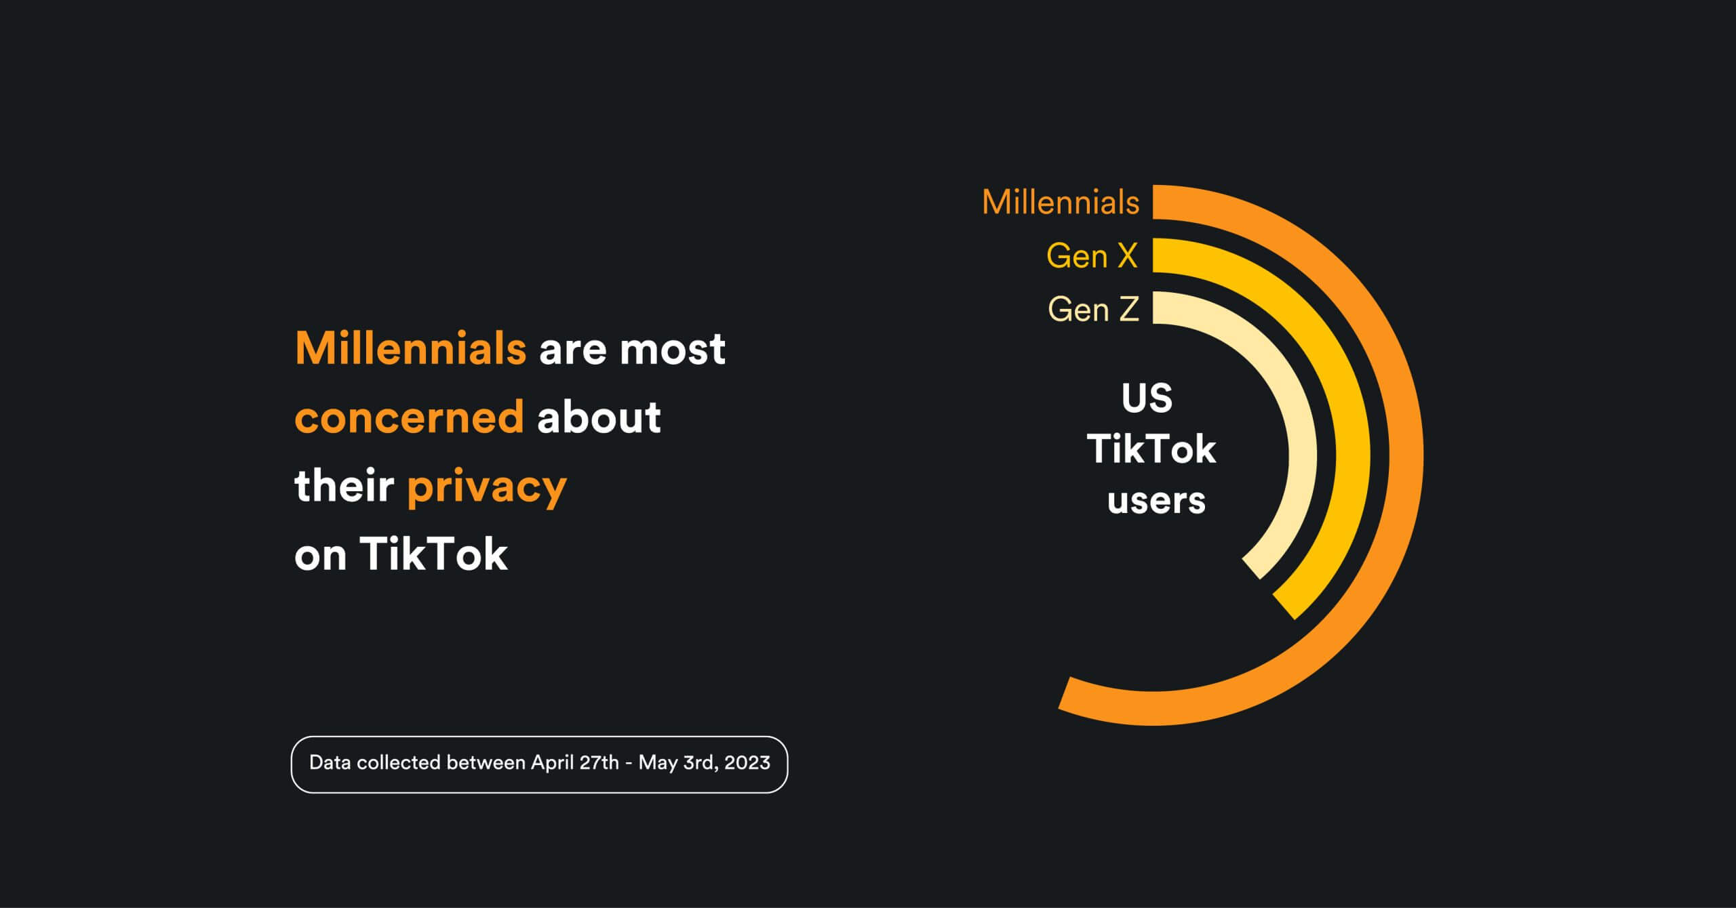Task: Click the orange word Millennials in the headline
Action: [411, 348]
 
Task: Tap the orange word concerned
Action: [410, 417]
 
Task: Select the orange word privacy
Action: [487, 488]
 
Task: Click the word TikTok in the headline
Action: [434, 554]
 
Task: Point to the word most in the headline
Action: [673, 350]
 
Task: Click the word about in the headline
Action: [599, 417]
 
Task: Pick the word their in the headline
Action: [344, 485]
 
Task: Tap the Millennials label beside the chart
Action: [1061, 202]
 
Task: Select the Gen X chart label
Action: [1092, 256]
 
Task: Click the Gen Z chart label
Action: [1094, 310]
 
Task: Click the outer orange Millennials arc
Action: [1404, 455]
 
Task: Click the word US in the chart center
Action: [1147, 398]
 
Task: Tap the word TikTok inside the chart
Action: [1151, 449]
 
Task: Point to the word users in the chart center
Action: [1157, 501]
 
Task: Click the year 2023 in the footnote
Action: [747, 763]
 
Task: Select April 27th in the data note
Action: [575, 763]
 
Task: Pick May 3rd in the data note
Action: [678, 763]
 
